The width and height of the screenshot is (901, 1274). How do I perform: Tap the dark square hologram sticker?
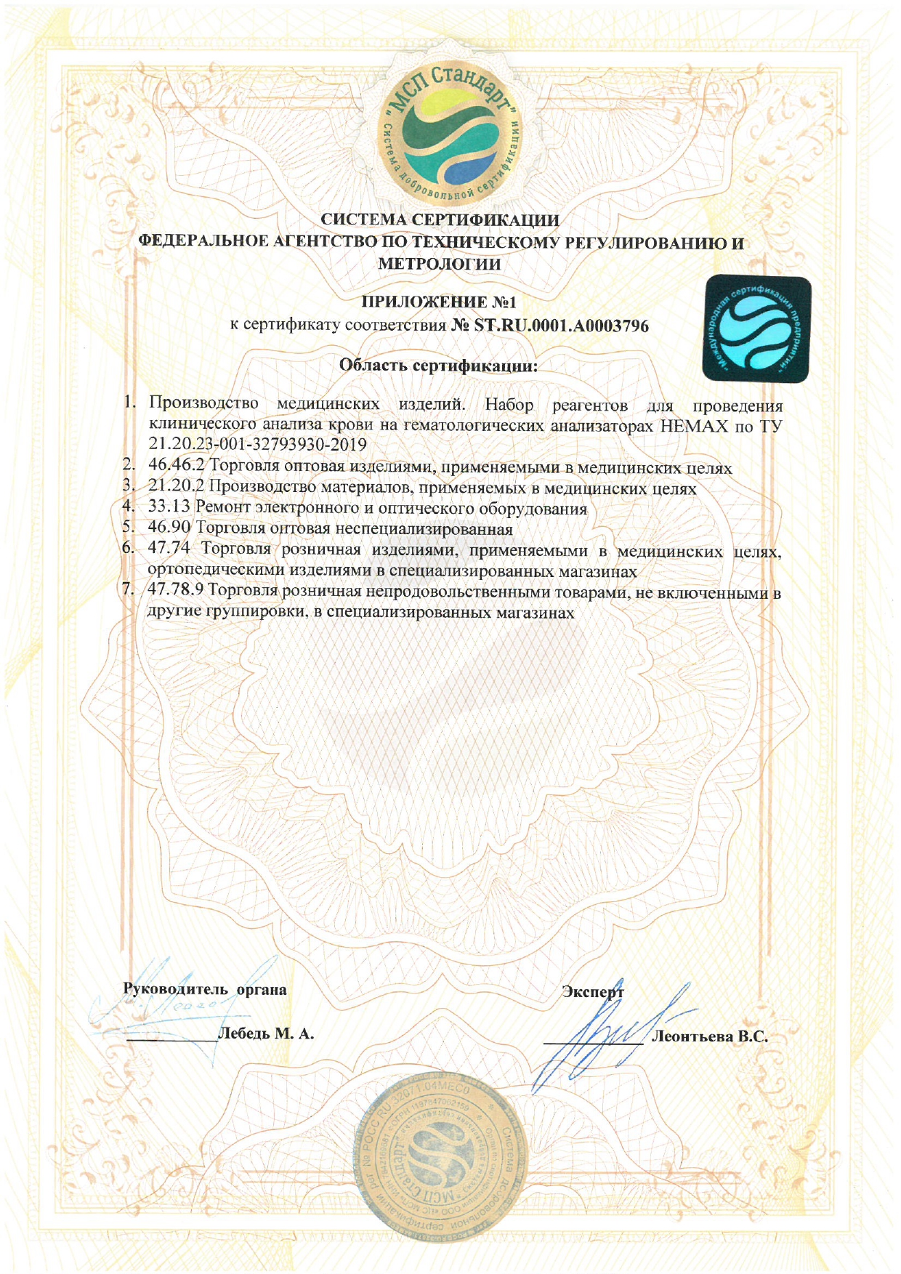(x=756, y=329)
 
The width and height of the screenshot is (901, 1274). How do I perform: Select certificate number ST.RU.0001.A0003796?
(x=561, y=326)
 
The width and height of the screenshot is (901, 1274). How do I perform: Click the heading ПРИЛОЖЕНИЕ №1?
(x=439, y=302)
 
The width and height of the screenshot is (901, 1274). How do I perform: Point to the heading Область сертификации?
(x=438, y=365)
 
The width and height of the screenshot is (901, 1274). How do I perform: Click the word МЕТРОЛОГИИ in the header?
(x=440, y=264)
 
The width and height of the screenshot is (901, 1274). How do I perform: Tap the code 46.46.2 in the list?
(x=177, y=466)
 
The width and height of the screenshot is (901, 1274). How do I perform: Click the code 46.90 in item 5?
(x=169, y=528)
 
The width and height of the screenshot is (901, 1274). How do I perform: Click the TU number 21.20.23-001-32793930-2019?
(x=257, y=444)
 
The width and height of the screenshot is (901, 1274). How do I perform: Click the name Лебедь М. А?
(x=266, y=1033)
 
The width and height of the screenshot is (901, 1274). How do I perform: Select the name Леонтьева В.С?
(x=710, y=1037)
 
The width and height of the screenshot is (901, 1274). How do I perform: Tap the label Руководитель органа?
(x=205, y=989)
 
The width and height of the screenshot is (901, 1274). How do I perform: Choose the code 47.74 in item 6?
(x=169, y=549)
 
